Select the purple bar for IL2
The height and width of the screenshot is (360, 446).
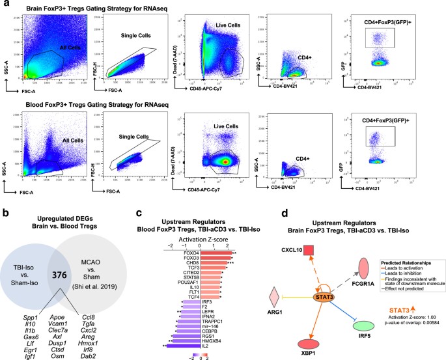pos(186,329)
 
